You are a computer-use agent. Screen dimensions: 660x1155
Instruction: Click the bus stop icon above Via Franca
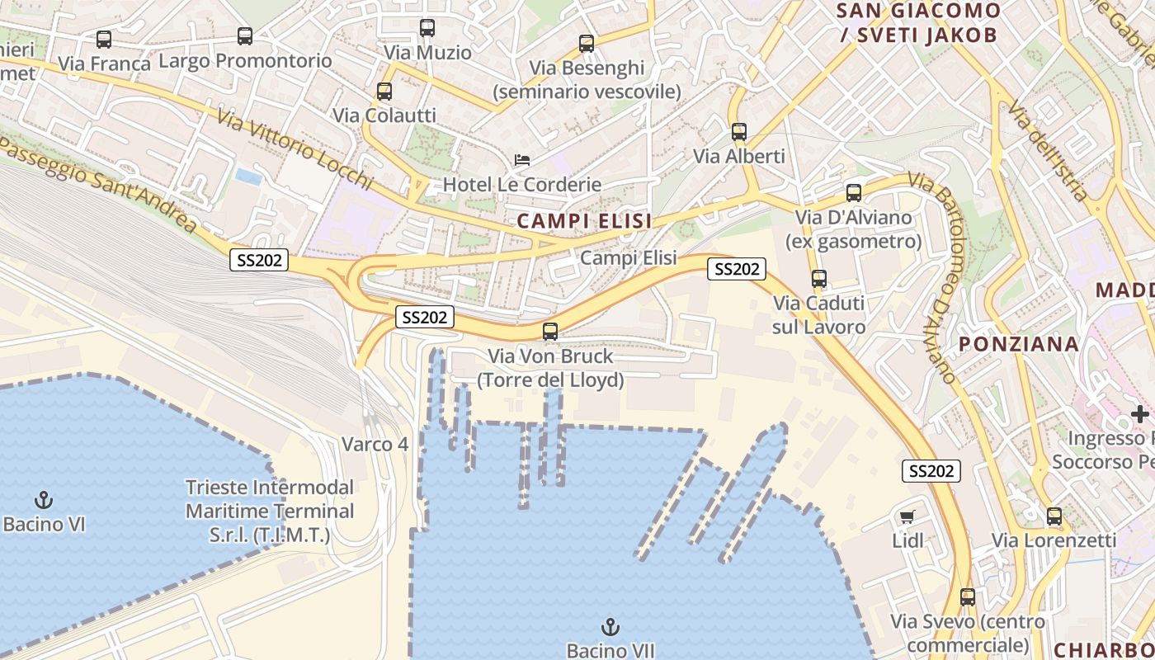tap(104, 39)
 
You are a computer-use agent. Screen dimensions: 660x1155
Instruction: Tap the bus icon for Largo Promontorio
tap(245, 36)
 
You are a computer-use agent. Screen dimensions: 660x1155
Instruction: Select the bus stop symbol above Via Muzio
tap(427, 28)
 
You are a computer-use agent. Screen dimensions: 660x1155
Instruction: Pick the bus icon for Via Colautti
tap(384, 92)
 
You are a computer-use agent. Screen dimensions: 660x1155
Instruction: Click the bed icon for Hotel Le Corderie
tap(522, 160)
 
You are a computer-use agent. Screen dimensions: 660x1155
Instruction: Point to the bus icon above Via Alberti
tap(739, 131)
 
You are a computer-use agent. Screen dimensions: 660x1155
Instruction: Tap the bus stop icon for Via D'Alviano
tap(854, 193)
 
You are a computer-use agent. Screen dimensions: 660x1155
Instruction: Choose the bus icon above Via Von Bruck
tap(550, 332)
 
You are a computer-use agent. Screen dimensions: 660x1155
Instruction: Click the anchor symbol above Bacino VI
tap(44, 499)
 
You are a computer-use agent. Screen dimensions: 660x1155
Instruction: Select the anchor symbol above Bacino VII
tap(610, 627)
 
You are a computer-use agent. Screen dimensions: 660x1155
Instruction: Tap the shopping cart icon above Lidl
tap(907, 517)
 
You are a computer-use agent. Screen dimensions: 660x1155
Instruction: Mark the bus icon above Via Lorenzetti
tap(1054, 516)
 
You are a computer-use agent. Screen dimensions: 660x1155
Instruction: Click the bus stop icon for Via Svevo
tap(968, 597)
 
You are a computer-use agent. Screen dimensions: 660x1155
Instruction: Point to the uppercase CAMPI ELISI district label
tap(584, 220)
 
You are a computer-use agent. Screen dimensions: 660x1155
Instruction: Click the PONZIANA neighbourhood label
tap(1020, 344)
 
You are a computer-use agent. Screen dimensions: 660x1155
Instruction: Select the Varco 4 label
tap(375, 444)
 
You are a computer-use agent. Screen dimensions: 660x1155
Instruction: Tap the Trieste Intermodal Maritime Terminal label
tap(270, 511)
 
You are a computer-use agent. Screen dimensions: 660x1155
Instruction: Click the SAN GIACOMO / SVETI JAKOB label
tap(919, 22)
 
